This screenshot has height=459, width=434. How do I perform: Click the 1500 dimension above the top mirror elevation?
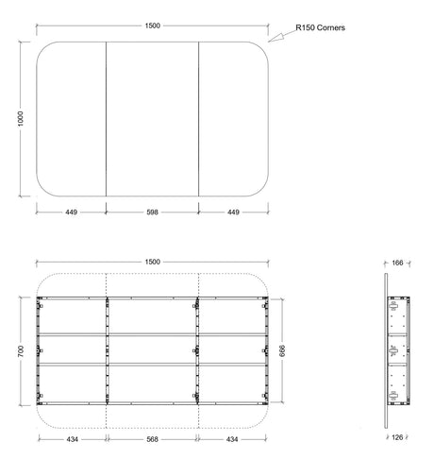pos(153,25)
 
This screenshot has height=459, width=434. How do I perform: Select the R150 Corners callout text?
pos(320,27)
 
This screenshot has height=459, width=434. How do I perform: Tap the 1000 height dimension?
pos(21,119)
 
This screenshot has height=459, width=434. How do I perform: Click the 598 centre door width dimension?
pos(152,212)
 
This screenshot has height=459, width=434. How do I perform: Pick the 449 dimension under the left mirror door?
pos(72,212)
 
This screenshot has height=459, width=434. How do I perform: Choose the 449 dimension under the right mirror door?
pos(233,212)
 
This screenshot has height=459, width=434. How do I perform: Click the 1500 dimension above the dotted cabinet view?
pos(153,262)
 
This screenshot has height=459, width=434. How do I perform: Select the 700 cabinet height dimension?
pos(21,351)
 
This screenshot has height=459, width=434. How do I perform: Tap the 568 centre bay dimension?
pos(152,439)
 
